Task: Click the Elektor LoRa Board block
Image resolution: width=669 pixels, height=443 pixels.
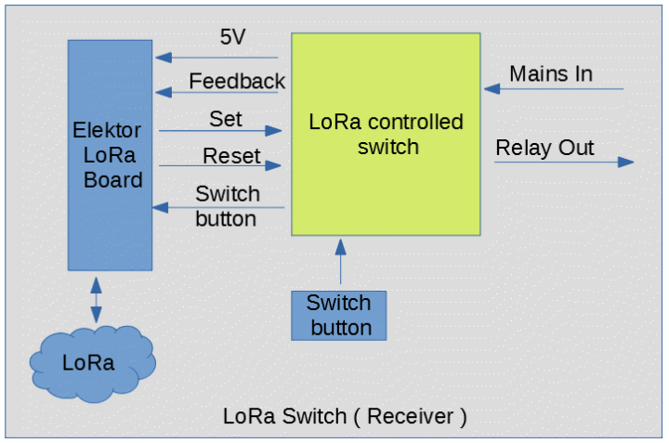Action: [110, 155]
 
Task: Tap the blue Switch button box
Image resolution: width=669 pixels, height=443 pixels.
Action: [340, 315]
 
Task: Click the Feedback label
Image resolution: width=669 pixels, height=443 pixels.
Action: [236, 81]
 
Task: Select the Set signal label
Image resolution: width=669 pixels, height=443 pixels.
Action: [226, 119]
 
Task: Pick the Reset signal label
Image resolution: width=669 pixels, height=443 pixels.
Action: [231, 155]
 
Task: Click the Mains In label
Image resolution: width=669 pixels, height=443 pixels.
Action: [551, 73]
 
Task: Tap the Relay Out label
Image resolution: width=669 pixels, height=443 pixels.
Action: [545, 148]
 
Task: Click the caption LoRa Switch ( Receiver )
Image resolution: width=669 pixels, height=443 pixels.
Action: [345, 416]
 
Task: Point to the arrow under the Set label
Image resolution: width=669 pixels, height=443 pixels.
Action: [220, 131]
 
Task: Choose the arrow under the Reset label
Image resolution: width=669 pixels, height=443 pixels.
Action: [220, 166]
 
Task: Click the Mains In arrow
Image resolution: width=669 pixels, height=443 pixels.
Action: [553, 90]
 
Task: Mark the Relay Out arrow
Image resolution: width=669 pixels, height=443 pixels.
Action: [563, 163]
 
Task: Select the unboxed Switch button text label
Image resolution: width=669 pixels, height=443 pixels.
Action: [227, 206]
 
